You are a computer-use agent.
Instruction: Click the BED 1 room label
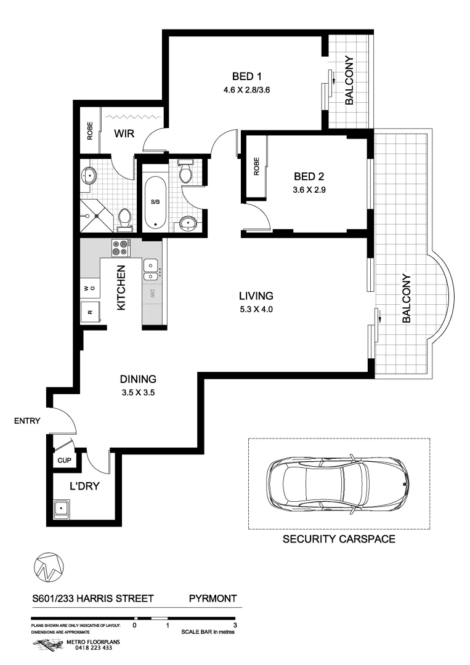[247, 77]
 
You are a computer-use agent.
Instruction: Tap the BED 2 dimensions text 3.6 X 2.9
[309, 190]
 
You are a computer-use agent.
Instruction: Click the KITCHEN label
[121, 288]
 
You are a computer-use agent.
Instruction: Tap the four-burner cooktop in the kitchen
[121, 247]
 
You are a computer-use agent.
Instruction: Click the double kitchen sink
[152, 267]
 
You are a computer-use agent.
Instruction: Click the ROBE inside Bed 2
[256, 167]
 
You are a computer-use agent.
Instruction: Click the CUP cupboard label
[63, 460]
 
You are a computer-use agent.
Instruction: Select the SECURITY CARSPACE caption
[338, 540]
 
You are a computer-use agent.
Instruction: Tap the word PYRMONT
[213, 598]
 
